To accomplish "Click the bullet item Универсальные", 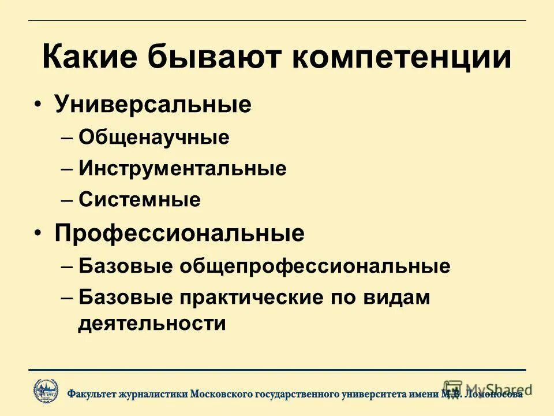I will [x=153, y=105].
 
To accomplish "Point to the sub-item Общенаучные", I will [x=154, y=138].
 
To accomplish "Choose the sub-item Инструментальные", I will [x=182, y=169].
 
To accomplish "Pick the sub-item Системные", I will [x=140, y=200].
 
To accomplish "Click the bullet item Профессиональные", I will [x=179, y=233].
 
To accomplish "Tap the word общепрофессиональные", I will [x=315, y=266].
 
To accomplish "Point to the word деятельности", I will [x=152, y=324].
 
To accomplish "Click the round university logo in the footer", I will [x=46, y=391].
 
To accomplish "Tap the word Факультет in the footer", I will [x=92, y=394].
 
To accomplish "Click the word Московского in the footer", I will [x=222, y=394].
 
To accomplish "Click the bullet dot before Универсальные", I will [x=38, y=105].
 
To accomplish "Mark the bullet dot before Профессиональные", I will [x=38, y=233].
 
